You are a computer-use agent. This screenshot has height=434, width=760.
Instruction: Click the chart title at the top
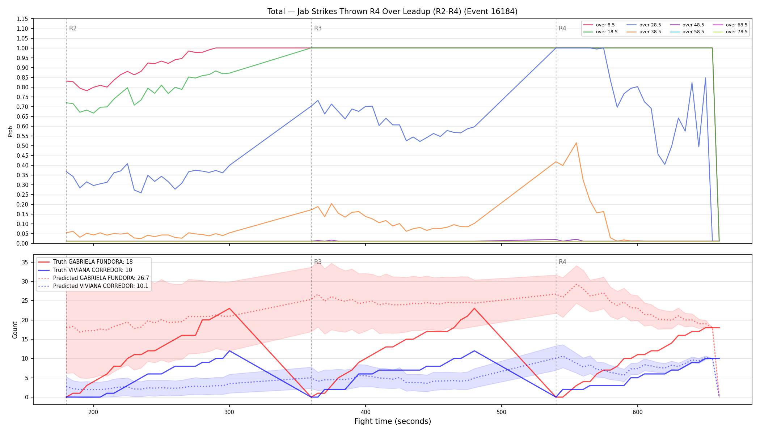392,12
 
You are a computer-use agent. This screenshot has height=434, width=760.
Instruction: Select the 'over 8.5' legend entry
599,25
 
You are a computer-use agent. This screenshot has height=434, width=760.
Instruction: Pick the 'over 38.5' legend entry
644,32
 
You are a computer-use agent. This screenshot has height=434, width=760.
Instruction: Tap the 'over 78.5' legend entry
730,32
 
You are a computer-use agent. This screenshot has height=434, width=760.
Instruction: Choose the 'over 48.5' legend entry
687,25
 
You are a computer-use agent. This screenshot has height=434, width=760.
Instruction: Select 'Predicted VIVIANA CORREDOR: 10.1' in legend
93,286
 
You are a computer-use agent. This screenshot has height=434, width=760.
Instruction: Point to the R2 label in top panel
73,28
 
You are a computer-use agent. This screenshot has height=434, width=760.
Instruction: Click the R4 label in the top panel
562,28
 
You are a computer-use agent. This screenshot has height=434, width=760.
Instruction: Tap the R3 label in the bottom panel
318,262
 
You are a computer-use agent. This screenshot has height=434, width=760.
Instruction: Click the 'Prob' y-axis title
10,131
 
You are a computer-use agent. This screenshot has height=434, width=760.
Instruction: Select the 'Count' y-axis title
15,330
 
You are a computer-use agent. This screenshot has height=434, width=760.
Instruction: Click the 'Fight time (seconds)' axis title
393,421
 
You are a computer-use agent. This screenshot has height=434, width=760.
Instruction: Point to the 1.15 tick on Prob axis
22,19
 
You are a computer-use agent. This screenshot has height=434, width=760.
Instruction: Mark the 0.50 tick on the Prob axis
22,146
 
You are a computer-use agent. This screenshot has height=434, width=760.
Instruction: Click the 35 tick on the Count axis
25,262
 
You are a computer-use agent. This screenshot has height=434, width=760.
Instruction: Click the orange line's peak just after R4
576,143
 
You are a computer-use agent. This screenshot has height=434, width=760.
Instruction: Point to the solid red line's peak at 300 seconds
229,309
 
